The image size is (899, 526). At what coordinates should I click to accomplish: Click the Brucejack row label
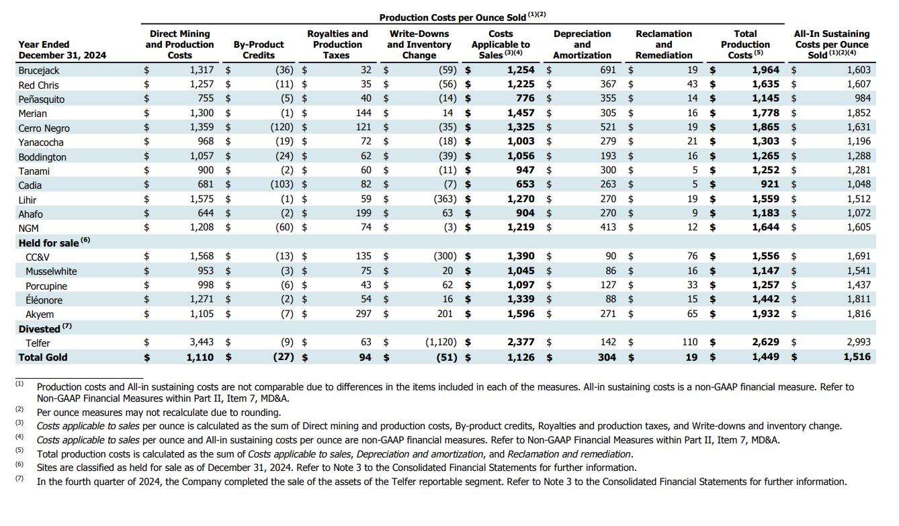tap(38, 71)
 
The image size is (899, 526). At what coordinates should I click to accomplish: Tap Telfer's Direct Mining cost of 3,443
tap(202, 342)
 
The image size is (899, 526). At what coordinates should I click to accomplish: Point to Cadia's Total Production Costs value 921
tap(769, 184)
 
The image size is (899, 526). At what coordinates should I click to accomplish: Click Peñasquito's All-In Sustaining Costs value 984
tap(863, 98)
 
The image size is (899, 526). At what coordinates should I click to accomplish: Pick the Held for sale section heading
tap(48, 243)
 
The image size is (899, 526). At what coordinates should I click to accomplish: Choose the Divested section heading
tap(40, 329)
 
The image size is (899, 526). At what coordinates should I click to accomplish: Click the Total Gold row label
tap(43, 357)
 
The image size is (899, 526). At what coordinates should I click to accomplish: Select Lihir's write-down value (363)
tap(445, 199)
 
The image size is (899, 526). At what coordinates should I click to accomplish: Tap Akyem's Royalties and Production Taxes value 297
tap(363, 314)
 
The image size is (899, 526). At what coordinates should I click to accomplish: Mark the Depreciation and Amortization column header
tap(582, 44)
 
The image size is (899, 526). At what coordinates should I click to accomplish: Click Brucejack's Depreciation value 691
tap(607, 70)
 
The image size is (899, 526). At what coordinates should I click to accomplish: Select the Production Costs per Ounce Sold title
tap(453, 17)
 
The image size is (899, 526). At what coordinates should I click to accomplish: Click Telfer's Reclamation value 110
tap(690, 342)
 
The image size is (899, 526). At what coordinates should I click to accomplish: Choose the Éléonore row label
tap(44, 300)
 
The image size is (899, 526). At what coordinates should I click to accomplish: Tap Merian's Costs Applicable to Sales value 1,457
tap(521, 113)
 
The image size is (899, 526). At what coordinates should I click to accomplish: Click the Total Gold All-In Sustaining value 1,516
tap(857, 357)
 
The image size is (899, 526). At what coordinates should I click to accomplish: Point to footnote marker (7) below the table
tap(19, 478)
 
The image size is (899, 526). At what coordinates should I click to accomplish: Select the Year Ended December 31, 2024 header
tap(62, 50)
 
